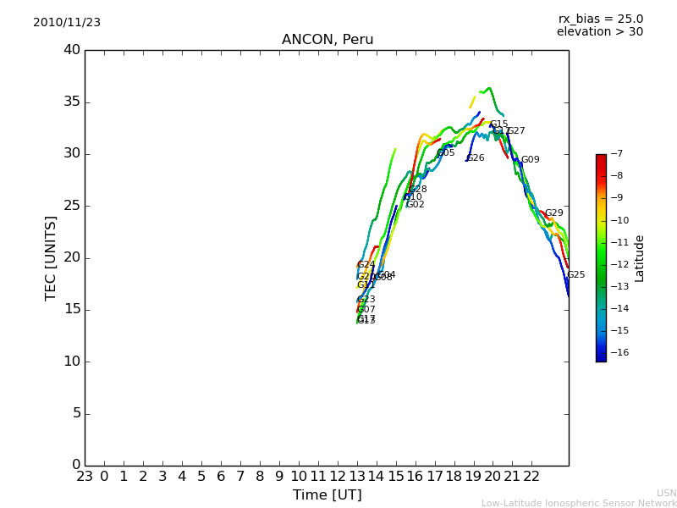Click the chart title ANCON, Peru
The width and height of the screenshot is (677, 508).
pos(327,40)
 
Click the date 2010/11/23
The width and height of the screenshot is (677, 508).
pos(67,23)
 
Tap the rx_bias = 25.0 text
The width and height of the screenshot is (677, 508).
pos(601,19)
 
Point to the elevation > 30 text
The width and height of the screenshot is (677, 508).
pos(600,32)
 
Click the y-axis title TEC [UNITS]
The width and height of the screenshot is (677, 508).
pos(51,258)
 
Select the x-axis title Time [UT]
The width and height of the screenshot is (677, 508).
pos(327,495)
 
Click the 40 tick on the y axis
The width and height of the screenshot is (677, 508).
pos(72,50)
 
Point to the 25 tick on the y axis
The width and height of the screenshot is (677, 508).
pos(72,206)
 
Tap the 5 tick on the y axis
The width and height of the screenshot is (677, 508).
pos(75,413)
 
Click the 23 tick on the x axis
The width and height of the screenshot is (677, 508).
pos(85,477)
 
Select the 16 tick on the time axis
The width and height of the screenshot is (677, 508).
pos(415,477)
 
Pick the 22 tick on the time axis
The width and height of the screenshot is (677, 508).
pos(531,477)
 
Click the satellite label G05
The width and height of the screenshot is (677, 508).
pos(446,153)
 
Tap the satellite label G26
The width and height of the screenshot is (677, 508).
pos(476,158)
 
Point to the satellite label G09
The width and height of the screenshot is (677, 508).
pos(530,160)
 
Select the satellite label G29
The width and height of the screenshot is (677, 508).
pos(553,213)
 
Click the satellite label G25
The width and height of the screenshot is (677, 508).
pos(575,275)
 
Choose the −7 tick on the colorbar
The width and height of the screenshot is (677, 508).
pos(615,154)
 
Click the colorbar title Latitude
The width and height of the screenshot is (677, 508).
pos(640,258)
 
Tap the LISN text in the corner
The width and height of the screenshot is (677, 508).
pos(666,493)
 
